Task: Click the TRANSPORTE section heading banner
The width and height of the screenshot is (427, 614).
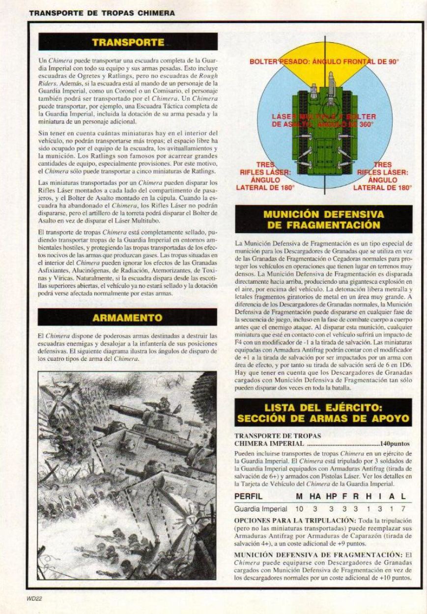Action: click(127, 42)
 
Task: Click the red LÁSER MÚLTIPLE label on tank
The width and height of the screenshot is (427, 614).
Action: click(324, 120)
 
